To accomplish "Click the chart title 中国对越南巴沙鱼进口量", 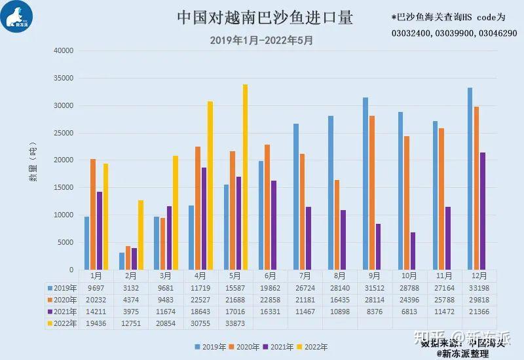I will (x=265, y=18).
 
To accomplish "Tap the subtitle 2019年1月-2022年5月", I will (x=261, y=40).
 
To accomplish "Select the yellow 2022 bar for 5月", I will (x=244, y=177).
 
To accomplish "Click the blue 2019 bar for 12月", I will (x=470, y=179).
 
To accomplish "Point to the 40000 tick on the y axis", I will (x=63, y=51).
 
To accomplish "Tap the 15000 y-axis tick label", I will (x=63, y=188).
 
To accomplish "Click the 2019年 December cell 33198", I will (x=479, y=287).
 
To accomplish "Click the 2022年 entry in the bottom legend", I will (x=313, y=347).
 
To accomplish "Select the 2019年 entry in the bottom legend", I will (x=211, y=347).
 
